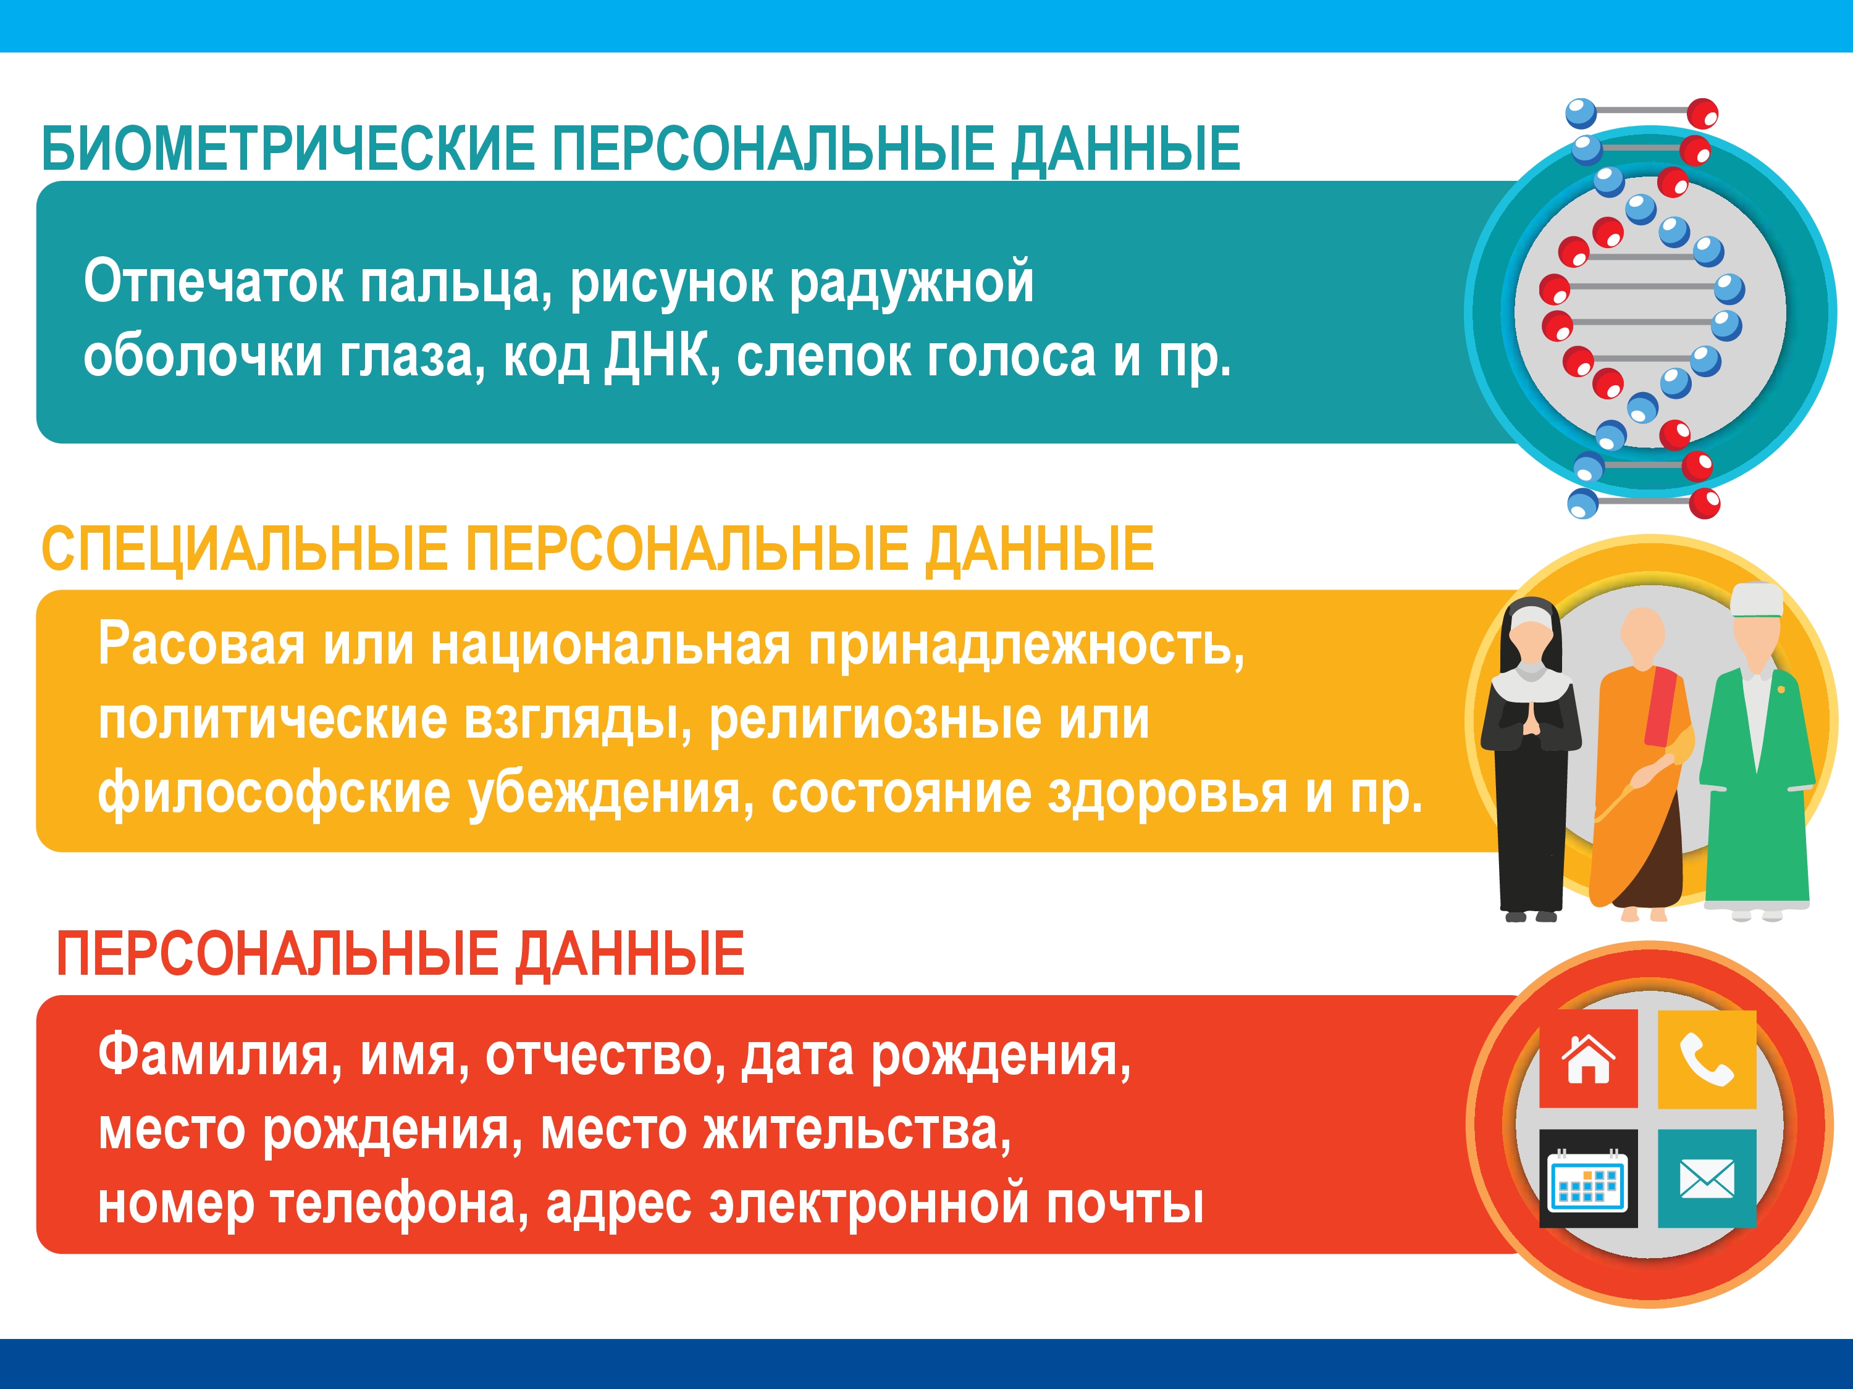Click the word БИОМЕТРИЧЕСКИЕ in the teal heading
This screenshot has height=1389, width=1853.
click(x=287, y=149)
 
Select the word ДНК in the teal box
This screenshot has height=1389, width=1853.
click(x=656, y=356)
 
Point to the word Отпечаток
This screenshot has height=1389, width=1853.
click(x=212, y=282)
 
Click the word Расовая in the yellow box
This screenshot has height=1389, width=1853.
click(x=201, y=644)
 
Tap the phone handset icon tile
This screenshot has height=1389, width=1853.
click(x=1707, y=1059)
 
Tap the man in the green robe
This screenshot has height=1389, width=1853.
click(x=1757, y=754)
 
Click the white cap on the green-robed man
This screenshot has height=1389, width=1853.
click(x=1757, y=599)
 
